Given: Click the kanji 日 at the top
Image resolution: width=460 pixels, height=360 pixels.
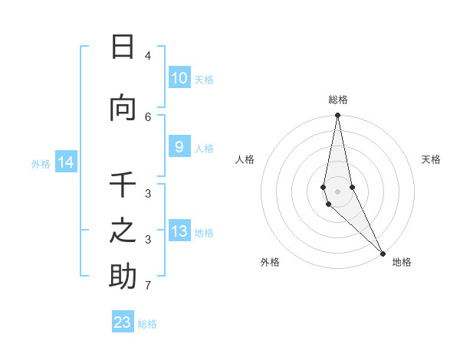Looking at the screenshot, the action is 123,47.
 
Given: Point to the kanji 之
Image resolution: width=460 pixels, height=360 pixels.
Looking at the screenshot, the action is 123,231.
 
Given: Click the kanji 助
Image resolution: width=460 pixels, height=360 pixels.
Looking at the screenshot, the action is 123,277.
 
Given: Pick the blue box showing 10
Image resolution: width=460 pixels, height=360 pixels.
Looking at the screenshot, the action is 179,78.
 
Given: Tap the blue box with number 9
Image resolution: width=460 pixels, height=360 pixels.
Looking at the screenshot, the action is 179,147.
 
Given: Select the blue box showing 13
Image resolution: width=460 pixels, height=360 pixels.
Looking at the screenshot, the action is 179,231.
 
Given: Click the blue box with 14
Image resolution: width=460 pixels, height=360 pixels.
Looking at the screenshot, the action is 65,162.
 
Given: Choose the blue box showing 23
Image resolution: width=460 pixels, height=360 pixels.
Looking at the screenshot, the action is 123,322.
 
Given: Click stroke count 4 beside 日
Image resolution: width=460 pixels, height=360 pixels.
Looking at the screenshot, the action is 148,56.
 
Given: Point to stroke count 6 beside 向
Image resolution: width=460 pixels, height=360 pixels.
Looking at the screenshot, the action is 148,116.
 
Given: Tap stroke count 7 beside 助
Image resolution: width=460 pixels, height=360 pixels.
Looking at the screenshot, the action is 148,286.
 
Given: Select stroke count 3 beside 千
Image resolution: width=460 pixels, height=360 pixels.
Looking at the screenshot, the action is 148,193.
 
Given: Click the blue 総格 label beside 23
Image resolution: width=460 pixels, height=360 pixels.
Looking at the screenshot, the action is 147,324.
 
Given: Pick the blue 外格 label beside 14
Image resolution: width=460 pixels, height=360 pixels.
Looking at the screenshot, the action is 41,163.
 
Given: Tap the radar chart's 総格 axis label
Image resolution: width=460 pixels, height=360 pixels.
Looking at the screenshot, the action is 337,100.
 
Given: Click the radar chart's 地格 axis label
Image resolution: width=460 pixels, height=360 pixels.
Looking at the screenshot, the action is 402,262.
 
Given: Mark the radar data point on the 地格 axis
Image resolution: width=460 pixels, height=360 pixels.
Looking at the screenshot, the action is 383,253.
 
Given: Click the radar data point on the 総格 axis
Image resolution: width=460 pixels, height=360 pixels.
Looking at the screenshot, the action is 337,116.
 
